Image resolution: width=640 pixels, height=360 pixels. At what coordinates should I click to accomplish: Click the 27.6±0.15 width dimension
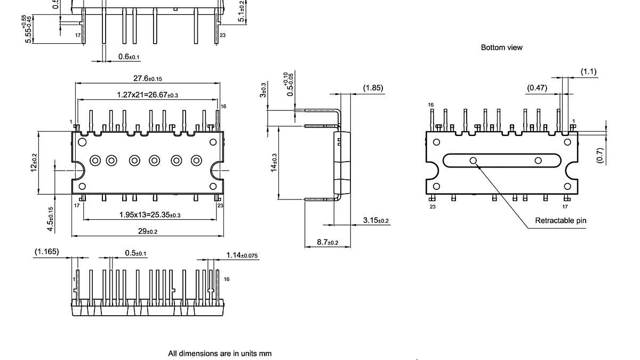pyautogui.click(x=148, y=78)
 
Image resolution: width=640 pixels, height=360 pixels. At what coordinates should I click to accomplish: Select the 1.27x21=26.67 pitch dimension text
pyautogui.click(x=148, y=95)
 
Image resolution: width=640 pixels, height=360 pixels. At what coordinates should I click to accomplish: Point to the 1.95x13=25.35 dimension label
pyautogui.click(x=149, y=215)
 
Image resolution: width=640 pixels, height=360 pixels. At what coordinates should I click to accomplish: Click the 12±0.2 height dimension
pyautogui.click(x=35, y=163)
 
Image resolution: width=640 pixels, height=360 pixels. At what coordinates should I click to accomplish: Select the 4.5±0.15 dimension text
pyautogui.click(x=50, y=219)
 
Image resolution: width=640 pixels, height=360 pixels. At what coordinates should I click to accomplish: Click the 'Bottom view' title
pyautogui.click(x=501, y=47)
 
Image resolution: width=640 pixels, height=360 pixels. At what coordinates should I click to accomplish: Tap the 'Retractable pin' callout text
pyautogui.click(x=561, y=221)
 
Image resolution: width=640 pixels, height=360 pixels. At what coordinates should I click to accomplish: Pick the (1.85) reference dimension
pyautogui.click(x=373, y=87)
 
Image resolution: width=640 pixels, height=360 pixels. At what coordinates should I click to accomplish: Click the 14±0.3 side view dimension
pyautogui.click(x=274, y=163)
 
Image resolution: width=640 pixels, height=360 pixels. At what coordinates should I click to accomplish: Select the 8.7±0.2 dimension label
pyautogui.click(x=327, y=242)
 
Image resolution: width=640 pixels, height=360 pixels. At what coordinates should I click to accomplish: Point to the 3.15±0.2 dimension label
pyautogui.click(x=375, y=220)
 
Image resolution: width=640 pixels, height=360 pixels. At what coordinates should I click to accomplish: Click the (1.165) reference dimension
pyautogui.click(x=47, y=251)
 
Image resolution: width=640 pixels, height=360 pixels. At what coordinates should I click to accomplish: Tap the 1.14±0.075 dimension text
pyautogui.click(x=242, y=255)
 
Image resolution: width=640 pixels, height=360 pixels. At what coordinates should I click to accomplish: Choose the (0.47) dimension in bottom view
pyautogui.click(x=537, y=87)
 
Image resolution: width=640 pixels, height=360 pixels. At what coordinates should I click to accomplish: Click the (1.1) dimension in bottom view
pyautogui.click(x=588, y=72)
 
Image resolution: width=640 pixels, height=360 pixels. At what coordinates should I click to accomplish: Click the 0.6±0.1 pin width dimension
pyautogui.click(x=129, y=57)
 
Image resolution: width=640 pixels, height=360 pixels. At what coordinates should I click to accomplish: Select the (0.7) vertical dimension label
pyautogui.click(x=600, y=155)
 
